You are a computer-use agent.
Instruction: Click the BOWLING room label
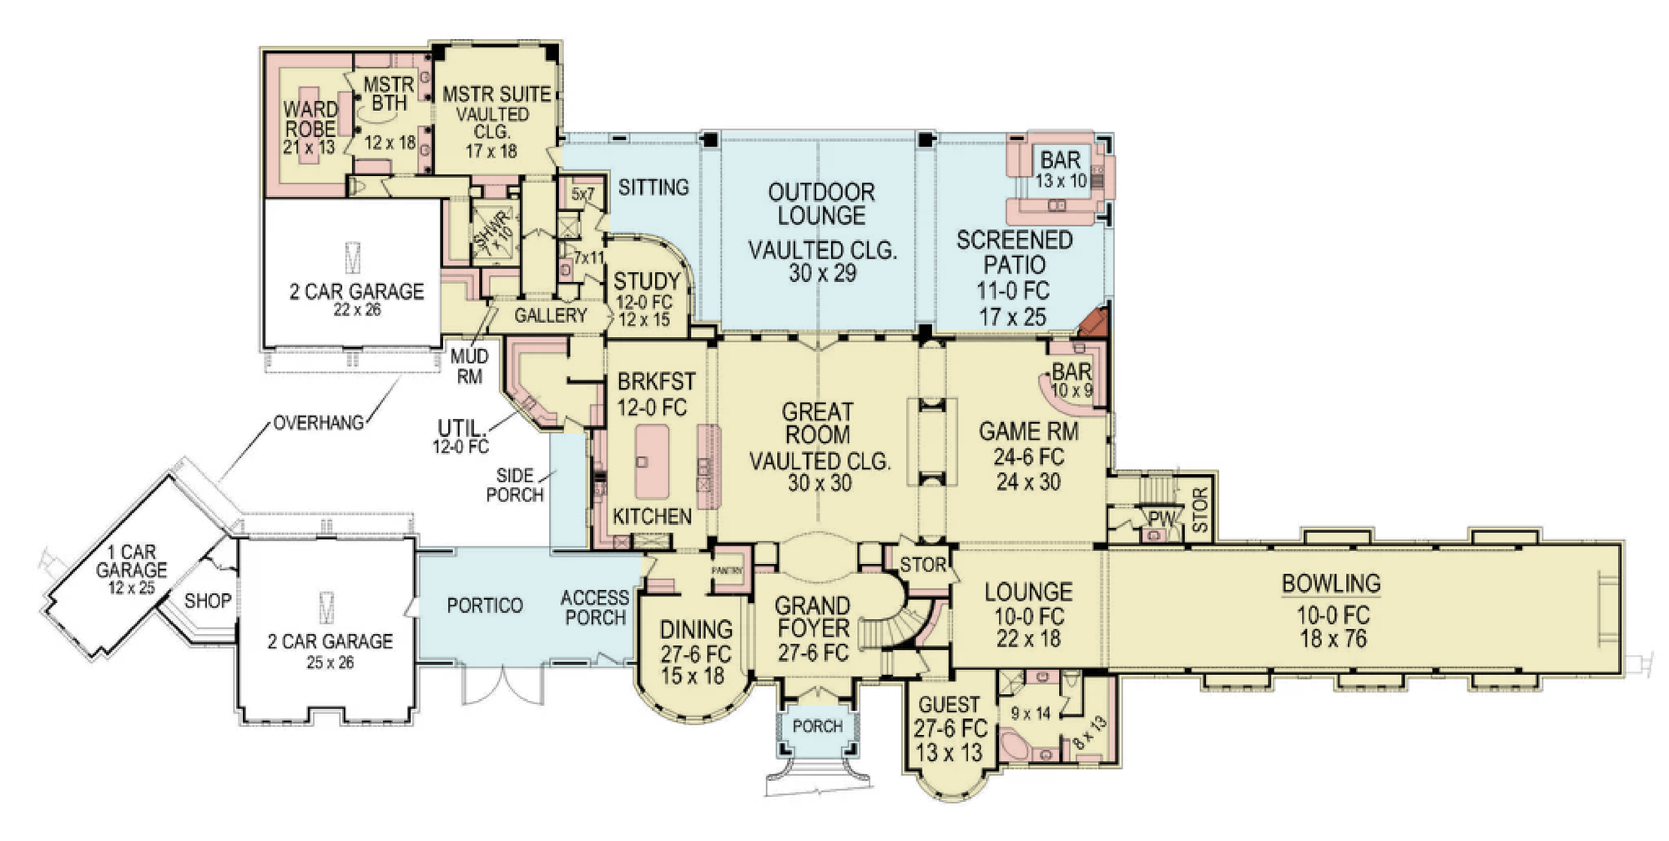(1331, 583)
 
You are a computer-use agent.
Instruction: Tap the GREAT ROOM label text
(817, 423)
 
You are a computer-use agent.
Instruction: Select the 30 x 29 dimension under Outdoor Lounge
(822, 274)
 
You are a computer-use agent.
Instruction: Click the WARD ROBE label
(310, 119)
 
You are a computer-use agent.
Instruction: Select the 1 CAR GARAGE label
(132, 561)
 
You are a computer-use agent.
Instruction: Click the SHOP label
(207, 601)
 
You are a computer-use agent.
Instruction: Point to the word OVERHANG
(319, 423)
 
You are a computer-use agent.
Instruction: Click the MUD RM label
(470, 366)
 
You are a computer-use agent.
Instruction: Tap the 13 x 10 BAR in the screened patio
(1061, 169)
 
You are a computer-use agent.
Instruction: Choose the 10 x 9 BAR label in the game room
(1071, 380)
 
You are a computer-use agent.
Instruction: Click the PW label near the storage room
(1161, 519)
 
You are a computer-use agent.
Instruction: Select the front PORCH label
(817, 727)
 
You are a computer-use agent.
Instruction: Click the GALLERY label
(551, 315)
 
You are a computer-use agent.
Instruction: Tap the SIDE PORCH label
(515, 485)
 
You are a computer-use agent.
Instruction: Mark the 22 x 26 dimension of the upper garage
(357, 310)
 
